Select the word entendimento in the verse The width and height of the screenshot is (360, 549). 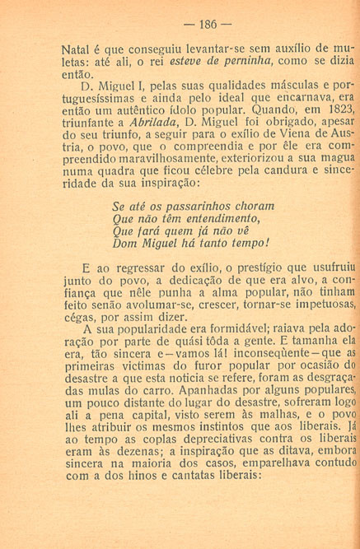point(217,218)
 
